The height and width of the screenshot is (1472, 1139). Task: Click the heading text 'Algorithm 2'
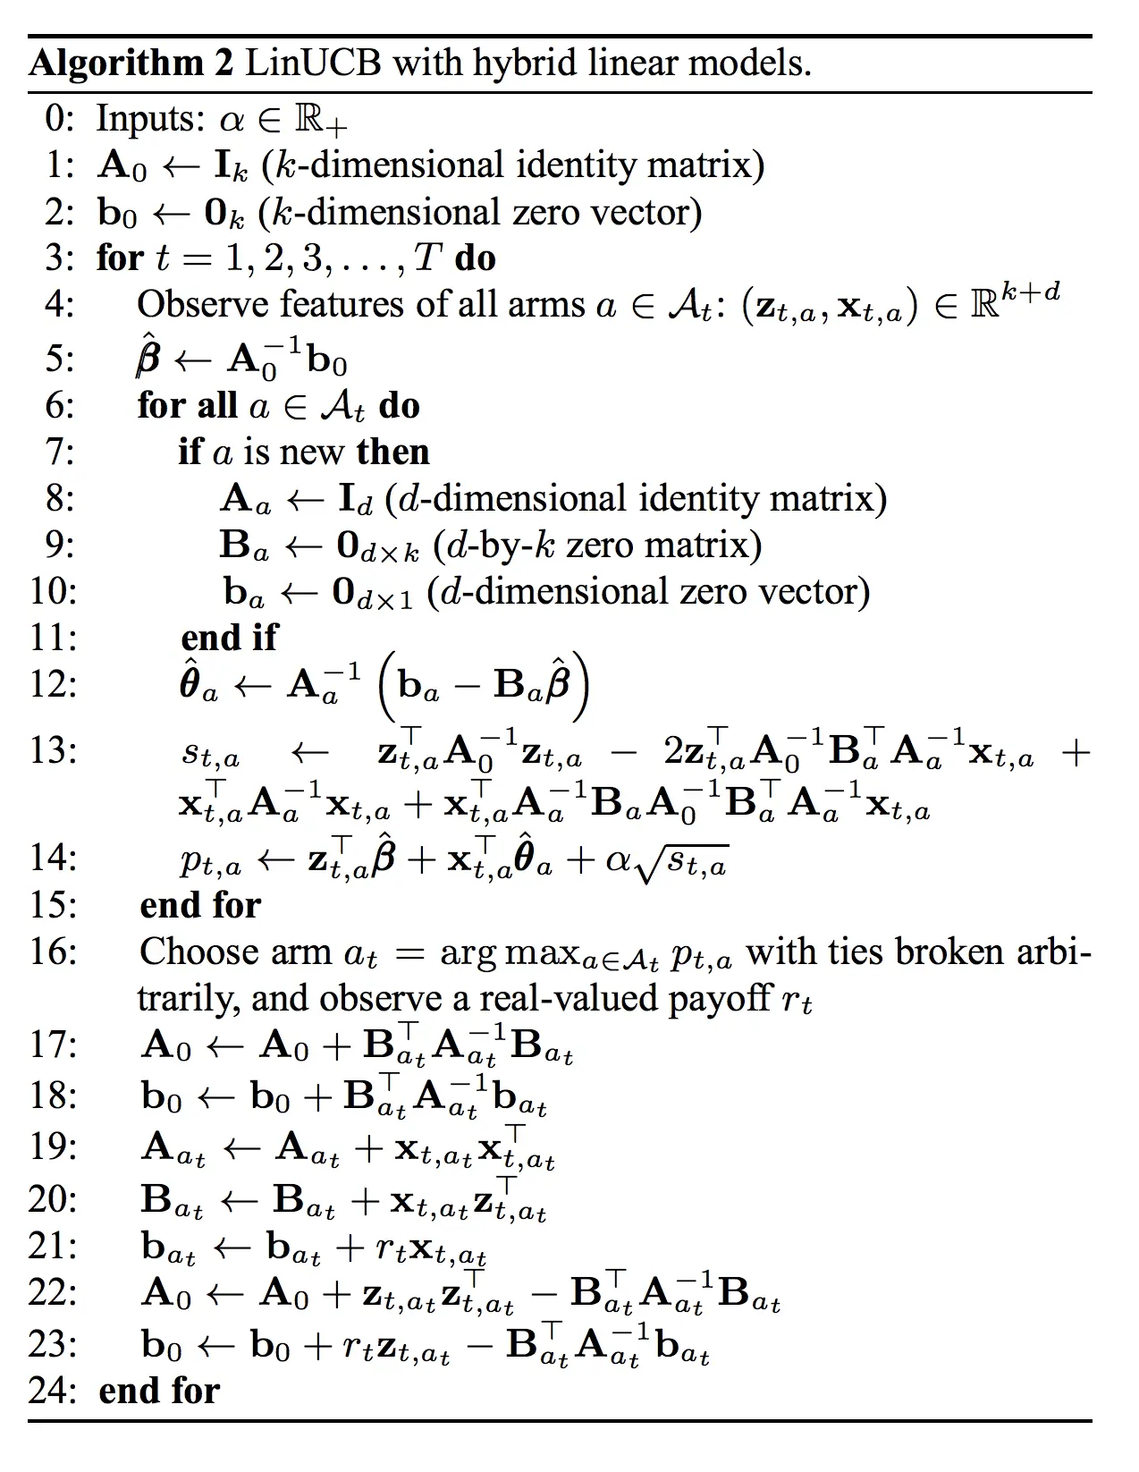pos(131,63)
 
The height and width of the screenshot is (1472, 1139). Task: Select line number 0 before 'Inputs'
pos(55,119)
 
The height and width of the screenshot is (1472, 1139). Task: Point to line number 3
pos(55,258)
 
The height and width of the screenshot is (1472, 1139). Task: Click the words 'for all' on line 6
pos(188,406)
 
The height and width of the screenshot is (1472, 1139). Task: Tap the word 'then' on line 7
pos(392,452)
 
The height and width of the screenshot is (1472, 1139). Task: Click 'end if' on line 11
pos(229,638)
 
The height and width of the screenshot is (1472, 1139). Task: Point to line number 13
pos(53,749)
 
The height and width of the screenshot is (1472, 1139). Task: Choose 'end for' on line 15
pos(200,905)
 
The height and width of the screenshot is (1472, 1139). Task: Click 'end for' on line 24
pos(159,1391)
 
